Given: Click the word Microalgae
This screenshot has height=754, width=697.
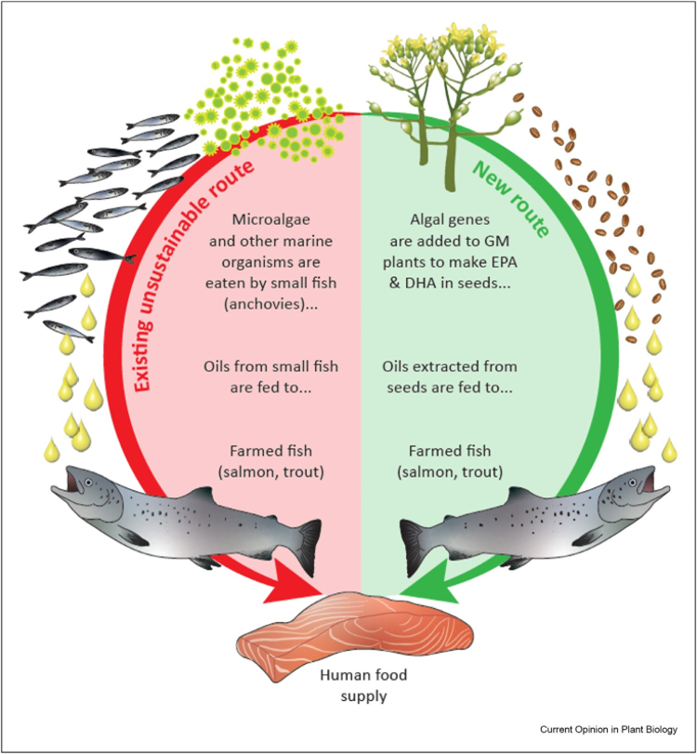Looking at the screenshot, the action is [x=271, y=219].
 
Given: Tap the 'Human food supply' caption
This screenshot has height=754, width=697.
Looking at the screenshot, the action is [x=363, y=685].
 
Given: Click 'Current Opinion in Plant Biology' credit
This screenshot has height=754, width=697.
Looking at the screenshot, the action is [x=608, y=730].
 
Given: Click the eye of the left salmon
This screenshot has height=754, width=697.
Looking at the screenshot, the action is [x=88, y=482].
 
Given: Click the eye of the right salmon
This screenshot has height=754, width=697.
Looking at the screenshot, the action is [x=633, y=482].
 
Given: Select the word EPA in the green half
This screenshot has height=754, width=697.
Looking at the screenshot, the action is [x=504, y=262].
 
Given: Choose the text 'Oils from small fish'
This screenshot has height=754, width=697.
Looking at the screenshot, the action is [x=271, y=366].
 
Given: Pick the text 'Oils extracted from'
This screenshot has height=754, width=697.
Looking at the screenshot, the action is [x=450, y=366].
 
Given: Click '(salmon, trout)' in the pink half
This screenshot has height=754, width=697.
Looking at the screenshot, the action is [x=271, y=472].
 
